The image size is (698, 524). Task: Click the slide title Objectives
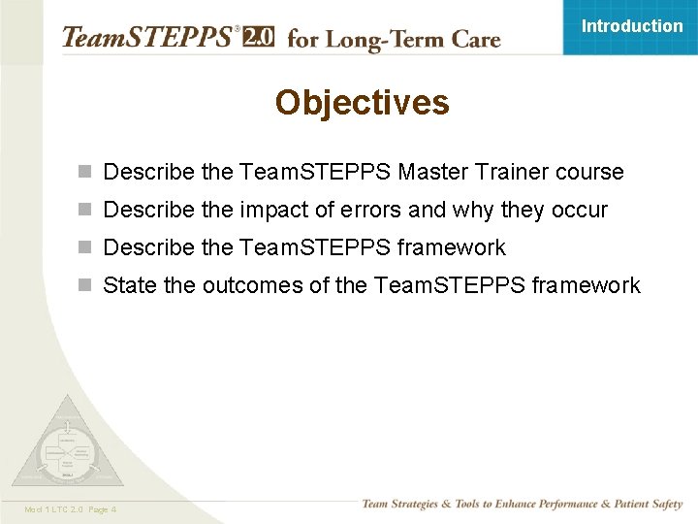[x=362, y=103]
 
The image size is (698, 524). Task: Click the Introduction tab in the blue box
[x=631, y=26]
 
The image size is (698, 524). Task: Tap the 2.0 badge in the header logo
[x=258, y=38]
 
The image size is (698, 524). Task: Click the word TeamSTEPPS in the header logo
[x=146, y=38]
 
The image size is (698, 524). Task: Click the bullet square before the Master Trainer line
[x=86, y=173]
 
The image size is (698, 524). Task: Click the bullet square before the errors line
[x=86, y=211]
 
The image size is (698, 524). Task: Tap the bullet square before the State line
[x=86, y=286]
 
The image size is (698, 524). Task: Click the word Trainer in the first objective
[x=512, y=173]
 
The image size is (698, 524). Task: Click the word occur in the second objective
[x=580, y=211]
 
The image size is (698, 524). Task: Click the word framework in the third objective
[x=451, y=248]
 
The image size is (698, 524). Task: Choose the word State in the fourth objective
[x=129, y=286]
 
